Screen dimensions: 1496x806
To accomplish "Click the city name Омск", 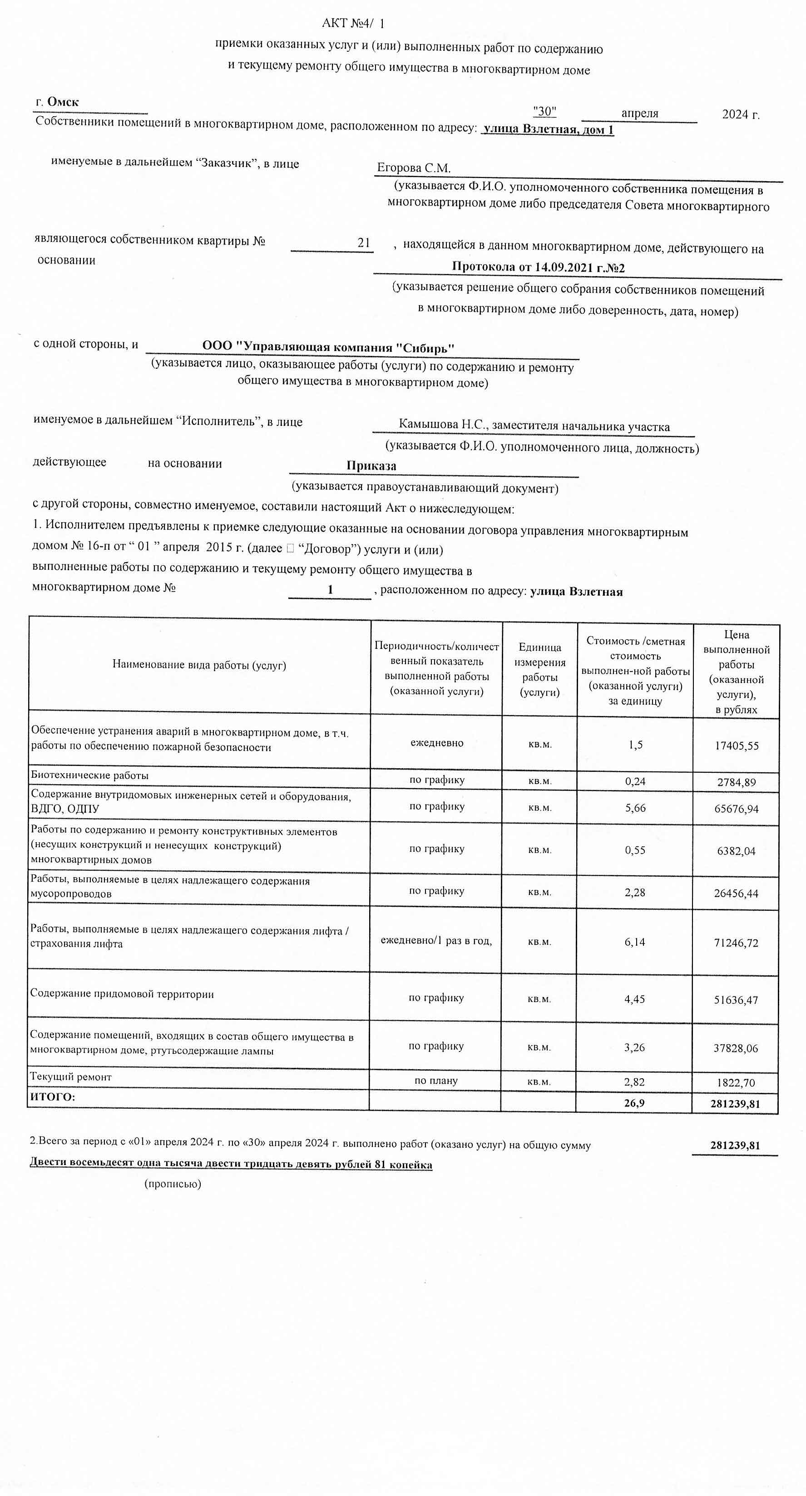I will (x=63, y=102).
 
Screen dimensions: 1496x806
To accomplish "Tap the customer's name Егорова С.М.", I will (x=414, y=168).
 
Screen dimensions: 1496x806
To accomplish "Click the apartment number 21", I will (x=364, y=243).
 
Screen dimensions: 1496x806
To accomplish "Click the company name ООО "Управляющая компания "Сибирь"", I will (x=328, y=347).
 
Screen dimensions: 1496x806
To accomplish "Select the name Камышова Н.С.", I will (x=443, y=424).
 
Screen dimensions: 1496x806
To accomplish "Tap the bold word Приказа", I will (x=371, y=465).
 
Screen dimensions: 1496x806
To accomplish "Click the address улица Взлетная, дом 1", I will (x=548, y=129).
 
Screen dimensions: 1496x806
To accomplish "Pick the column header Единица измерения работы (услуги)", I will (x=539, y=669).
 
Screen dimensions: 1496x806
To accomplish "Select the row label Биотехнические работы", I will (x=90, y=775).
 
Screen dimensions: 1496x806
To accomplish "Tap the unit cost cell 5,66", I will (x=635, y=808).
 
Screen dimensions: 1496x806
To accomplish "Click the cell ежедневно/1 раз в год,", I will (x=436, y=940).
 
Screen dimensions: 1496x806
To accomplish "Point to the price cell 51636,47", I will (x=735, y=1000).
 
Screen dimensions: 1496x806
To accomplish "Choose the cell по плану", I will (x=435, y=1081).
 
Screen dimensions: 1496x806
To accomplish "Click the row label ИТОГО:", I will (x=52, y=1097).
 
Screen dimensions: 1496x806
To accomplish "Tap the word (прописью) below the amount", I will (x=173, y=1184).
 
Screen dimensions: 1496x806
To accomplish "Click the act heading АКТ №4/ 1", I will (x=353, y=23).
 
